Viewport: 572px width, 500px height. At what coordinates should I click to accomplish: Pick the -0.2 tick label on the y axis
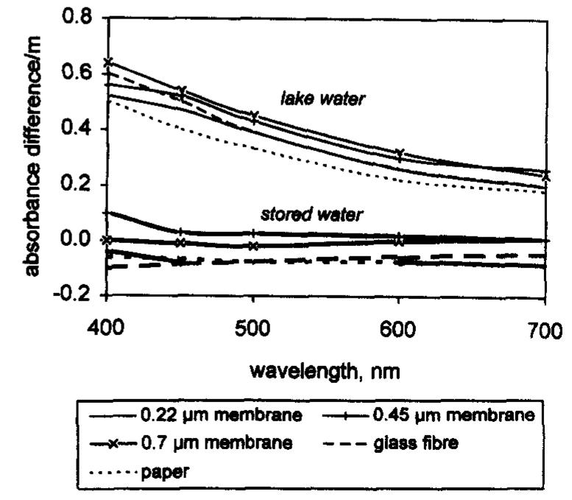point(72,295)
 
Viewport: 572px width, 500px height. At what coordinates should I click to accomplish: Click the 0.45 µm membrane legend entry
point(451,416)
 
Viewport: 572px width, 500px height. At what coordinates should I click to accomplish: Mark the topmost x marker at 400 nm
point(107,62)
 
